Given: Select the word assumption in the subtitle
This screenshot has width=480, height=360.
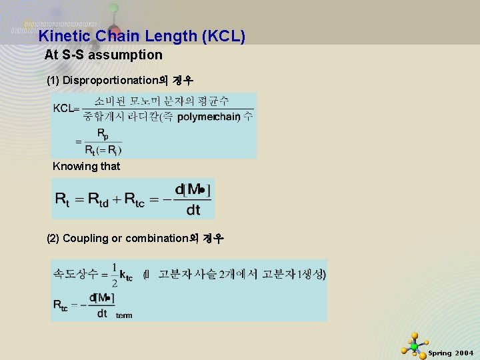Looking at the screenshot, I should (x=126, y=54).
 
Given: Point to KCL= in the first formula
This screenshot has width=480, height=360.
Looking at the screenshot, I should (x=66, y=109).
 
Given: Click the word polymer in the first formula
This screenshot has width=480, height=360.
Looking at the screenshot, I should (x=196, y=117).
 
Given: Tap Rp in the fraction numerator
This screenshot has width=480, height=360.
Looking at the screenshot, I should (x=103, y=134).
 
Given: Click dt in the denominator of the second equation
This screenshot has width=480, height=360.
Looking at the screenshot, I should (x=193, y=210).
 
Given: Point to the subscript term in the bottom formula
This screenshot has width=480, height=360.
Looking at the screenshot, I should (x=124, y=315).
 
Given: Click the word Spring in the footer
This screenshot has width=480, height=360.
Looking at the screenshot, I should (x=439, y=353).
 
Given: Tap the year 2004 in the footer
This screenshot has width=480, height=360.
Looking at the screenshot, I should (x=464, y=353).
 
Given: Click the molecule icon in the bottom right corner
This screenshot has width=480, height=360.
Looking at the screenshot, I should (x=414, y=345).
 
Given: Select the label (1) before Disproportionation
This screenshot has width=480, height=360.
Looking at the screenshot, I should (x=53, y=81).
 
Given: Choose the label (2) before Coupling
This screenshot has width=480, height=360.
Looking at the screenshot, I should (x=53, y=238).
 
